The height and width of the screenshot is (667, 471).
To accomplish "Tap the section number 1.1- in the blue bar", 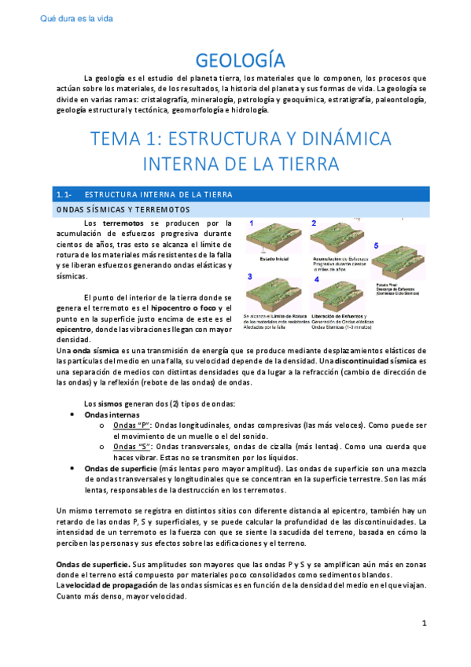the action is pyautogui.click(x=64, y=194).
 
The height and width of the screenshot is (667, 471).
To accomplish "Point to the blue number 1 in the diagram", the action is pyautogui.click(x=251, y=224).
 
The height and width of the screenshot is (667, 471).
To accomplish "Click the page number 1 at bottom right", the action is pyautogui.click(x=424, y=646).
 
